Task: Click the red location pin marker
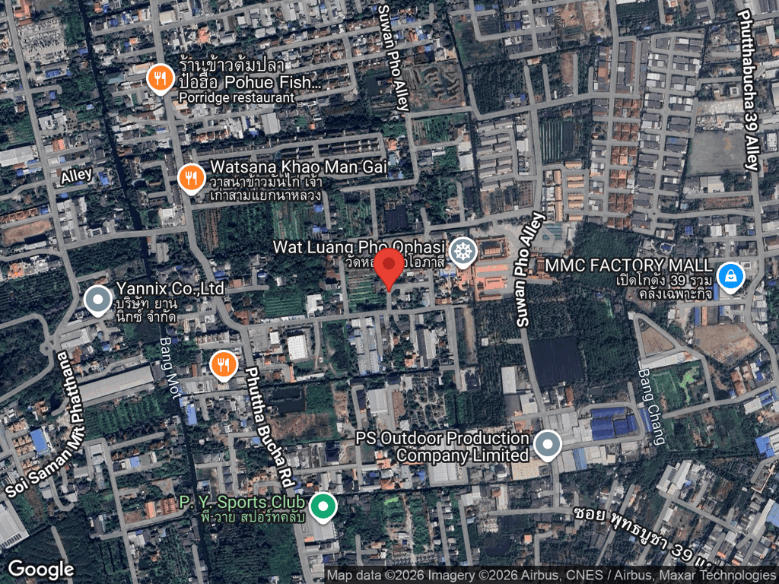point(391,265)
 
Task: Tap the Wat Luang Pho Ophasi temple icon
point(462,251)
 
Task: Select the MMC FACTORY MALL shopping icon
point(730,277)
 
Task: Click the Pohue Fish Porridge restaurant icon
point(159,77)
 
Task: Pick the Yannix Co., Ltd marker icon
point(97,300)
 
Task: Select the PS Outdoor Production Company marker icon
point(547,445)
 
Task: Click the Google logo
point(40,569)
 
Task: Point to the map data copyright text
point(551,576)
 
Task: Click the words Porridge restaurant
point(237,97)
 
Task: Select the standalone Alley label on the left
point(76,176)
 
